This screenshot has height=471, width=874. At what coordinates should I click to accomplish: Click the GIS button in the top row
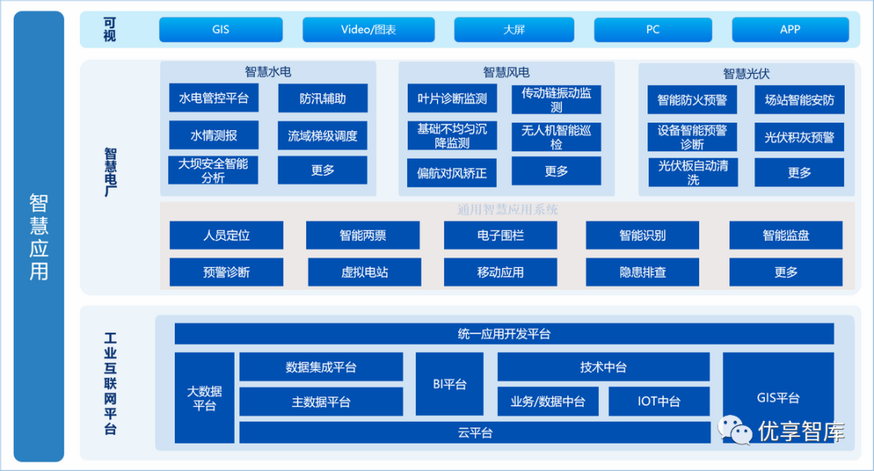click(x=221, y=30)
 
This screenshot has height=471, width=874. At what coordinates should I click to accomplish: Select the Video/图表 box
click(x=368, y=30)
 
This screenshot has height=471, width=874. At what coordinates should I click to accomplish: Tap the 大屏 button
click(x=514, y=30)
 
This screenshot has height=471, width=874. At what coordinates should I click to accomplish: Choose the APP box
click(x=790, y=30)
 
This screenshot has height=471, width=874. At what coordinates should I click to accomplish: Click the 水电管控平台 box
click(x=214, y=99)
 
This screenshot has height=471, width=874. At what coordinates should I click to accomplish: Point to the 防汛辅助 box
click(x=322, y=99)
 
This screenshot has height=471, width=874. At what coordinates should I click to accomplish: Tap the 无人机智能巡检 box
click(x=556, y=137)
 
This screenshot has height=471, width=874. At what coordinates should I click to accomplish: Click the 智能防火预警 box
click(x=692, y=100)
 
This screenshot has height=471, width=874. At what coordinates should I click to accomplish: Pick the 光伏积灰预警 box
click(x=799, y=138)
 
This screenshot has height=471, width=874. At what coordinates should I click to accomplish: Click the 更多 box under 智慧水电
click(x=322, y=171)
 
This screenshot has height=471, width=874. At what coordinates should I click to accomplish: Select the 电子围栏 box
click(x=500, y=235)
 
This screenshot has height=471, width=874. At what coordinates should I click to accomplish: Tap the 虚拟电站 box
click(x=364, y=272)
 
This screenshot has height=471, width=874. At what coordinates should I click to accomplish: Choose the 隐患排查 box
click(x=643, y=272)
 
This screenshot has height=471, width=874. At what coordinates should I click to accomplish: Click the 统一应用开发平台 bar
click(x=503, y=334)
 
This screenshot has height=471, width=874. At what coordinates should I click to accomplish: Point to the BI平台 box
click(x=449, y=384)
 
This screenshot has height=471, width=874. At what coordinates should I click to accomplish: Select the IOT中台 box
click(x=658, y=401)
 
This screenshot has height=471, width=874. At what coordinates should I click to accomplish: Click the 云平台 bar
click(x=475, y=433)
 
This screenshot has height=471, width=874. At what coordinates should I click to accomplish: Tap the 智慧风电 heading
click(x=507, y=73)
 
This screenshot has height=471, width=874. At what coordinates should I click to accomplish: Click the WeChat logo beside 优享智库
click(x=734, y=430)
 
